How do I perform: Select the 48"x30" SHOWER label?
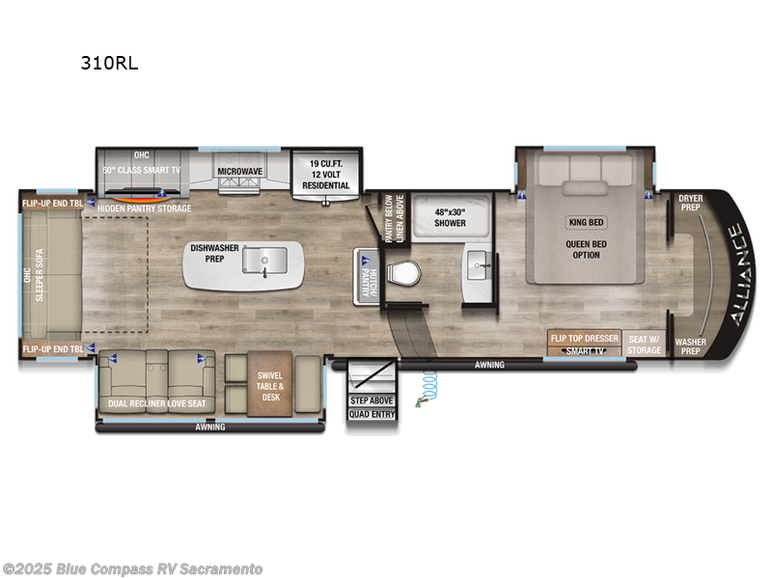click(450, 216)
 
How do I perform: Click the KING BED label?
click(586, 221)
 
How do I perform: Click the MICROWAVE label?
click(239, 171)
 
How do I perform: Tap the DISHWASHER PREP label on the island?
click(214, 253)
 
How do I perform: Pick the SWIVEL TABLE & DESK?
click(269, 386)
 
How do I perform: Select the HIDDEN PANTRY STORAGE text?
click(144, 208)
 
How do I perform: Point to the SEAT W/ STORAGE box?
click(645, 344)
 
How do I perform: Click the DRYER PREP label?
click(691, 202)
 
